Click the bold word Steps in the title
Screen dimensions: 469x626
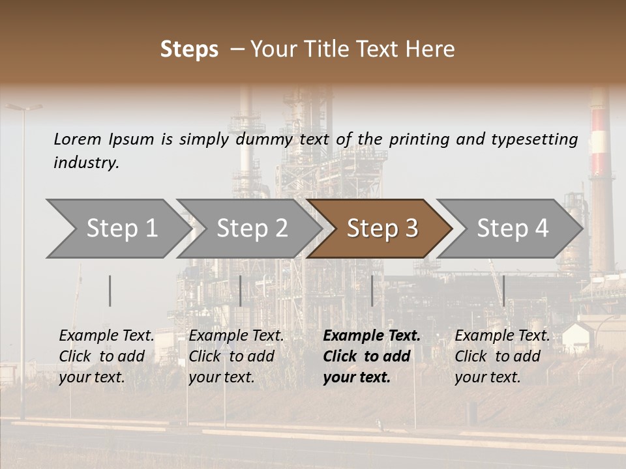[x=189, y=50]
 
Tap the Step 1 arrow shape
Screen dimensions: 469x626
[x=117, y=229]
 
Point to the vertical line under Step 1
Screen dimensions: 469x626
[x=110, y=291]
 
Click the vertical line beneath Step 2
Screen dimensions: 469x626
[x=241, y=291]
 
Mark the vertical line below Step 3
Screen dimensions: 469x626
[x=372, y=291]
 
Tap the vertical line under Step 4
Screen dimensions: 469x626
[x=503, y=291]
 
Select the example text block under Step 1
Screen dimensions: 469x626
[x=106, y=356]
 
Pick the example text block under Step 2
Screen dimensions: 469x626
[x=236, y=356]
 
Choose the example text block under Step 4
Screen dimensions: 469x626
[x=502, y=356]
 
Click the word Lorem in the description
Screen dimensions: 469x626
[x=78, y=139]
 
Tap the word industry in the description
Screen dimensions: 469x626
[x=86, y=162]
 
